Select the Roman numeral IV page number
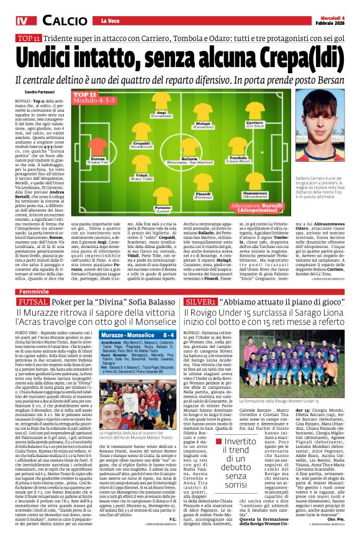tap(22, 22)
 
